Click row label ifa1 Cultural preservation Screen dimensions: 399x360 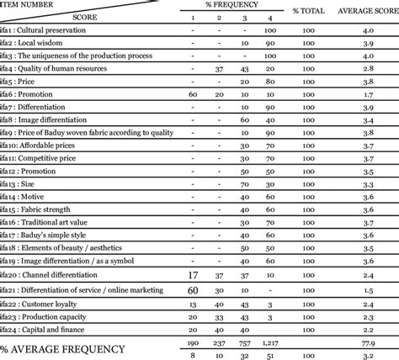pyautogui.click(x=49, y=31)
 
